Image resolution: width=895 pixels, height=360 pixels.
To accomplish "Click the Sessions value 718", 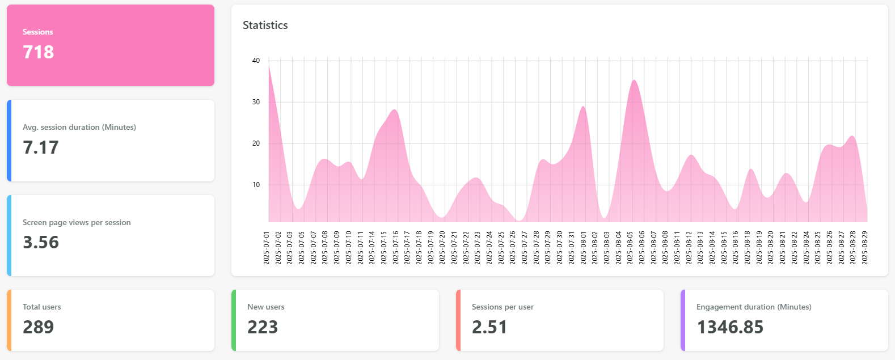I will click(39, 52).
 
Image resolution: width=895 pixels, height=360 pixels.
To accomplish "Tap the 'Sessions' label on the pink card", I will click(37, 32).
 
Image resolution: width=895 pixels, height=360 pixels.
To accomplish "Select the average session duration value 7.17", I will click(41, 147).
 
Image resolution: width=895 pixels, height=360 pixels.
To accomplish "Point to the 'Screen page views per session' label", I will click(77, 222).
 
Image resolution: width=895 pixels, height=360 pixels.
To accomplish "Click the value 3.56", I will click(41, 242).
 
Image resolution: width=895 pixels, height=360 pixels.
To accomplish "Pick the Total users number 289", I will click(39, 327).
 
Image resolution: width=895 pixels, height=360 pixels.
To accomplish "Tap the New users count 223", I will click(263, 327).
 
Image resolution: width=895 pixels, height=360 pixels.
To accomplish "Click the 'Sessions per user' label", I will click(503, 307).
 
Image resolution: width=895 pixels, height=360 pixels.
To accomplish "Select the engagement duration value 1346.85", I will click(730, 327).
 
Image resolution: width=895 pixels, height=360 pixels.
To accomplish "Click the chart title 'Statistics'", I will click(265, 25).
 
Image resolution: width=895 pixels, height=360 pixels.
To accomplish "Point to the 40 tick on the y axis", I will click(256, 61).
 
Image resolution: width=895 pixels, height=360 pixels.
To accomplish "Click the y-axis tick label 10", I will click(256, 185).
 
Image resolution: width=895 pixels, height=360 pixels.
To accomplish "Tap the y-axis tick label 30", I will click(256, 102).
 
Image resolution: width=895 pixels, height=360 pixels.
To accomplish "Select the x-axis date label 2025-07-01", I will click(267, 247).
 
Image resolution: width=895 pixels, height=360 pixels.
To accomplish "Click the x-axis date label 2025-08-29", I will click(865, 247).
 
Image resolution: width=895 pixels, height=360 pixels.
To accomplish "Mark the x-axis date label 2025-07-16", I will click(395, 247).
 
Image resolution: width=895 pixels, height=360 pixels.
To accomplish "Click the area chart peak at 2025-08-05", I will click(634, 81).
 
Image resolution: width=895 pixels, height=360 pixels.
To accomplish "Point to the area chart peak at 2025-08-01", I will click(583, 107).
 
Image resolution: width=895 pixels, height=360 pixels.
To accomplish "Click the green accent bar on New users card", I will click(234, 320).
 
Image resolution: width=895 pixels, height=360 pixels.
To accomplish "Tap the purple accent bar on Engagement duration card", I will click(683, 320).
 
